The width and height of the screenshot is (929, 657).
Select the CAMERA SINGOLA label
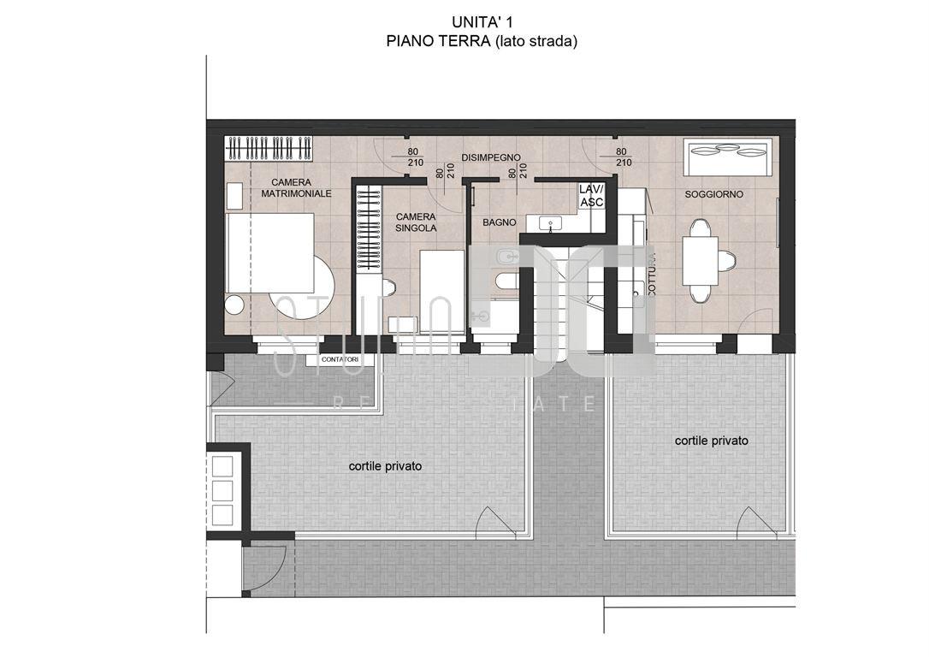(x=416, y=222)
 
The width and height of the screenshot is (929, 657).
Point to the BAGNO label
(x=499, y=222)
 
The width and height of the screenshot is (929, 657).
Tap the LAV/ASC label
(x=592, y=195)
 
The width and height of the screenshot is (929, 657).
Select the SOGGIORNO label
(x=713, y=195)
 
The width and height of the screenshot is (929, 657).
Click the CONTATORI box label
(x=340, y=360)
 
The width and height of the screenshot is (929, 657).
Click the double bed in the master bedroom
(x=269, y=253)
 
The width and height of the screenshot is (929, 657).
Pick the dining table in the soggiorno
(x=700, y=260)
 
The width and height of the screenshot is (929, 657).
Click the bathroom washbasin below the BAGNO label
(x=551, y=224)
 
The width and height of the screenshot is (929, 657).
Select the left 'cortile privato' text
(x=385, y=466)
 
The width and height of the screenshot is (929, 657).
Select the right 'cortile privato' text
(x=711, y=441)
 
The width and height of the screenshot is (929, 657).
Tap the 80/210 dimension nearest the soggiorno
(x=624, y=157)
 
